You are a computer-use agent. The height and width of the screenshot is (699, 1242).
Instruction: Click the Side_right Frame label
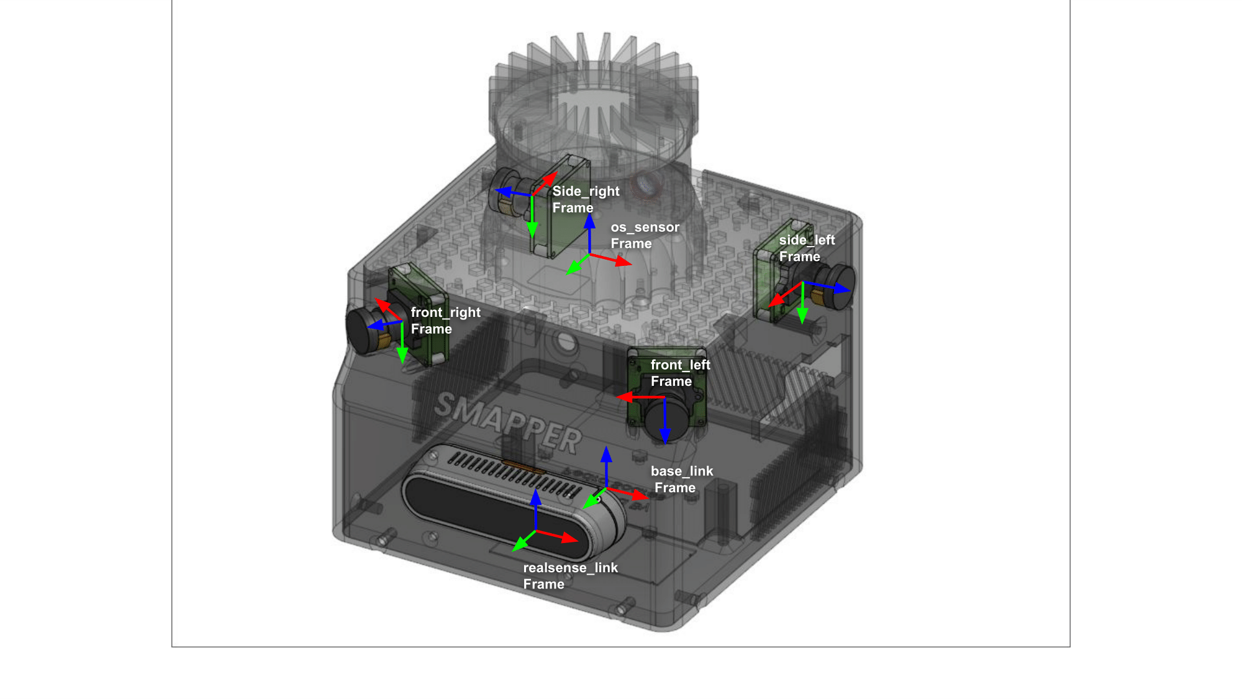point(586,199)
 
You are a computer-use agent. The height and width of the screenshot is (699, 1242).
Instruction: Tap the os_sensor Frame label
point(645,235)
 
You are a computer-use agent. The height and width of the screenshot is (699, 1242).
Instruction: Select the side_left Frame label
point(807,249)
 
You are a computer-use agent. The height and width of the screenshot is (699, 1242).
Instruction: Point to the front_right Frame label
point(445,321)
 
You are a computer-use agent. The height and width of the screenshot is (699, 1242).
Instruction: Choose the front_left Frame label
point(680,373)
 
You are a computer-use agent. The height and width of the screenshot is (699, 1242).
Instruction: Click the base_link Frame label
point(681,479)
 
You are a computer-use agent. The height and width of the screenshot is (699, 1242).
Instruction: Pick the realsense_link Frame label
point(570,576)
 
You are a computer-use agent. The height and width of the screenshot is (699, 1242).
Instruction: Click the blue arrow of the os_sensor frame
point(589,234)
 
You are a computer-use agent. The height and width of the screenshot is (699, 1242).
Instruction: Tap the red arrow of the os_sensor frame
point(610,260)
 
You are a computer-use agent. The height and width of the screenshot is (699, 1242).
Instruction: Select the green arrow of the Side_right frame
point(532,217)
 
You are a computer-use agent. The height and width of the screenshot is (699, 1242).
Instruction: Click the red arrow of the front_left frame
point(640,396)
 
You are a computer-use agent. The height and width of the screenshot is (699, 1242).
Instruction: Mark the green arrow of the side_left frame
point(802,303)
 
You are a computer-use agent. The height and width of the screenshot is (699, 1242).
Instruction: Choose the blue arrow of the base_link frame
point(606,467)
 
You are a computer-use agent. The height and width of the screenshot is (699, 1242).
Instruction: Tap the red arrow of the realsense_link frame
point(557,536)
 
